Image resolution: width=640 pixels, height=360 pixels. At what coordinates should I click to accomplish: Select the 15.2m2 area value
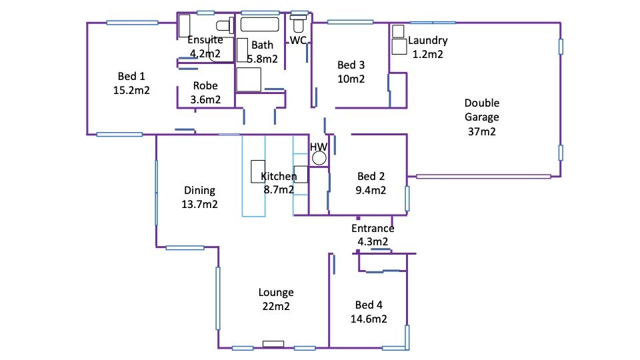pos(131,90)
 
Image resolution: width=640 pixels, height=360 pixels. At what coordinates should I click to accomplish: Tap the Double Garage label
pos(481,110)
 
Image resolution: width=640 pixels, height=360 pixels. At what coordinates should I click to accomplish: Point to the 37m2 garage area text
pos(481,132)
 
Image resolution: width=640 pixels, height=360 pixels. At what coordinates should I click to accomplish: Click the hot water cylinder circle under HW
pos(319,159)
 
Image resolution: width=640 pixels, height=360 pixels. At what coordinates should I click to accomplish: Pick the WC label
pos(298,41)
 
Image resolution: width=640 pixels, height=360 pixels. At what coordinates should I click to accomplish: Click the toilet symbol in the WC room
pos(299,24)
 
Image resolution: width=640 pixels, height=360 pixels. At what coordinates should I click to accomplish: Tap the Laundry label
pos(427,41)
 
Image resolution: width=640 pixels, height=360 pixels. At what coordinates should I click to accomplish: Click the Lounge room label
pos(276,292)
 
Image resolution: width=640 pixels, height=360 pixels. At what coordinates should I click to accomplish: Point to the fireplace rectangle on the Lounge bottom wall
pos(273,344)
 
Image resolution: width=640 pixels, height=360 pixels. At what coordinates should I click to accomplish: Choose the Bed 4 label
pos(369,305)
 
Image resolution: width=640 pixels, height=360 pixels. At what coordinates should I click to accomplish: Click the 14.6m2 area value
pos(369,319)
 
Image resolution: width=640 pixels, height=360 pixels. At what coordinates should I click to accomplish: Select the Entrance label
pos(373,229)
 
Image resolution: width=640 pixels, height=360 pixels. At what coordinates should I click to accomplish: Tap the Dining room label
pos(199,191)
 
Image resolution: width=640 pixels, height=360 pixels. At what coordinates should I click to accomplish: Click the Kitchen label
pos(279,177)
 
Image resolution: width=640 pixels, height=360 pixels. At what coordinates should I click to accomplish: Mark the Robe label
pos(205,85)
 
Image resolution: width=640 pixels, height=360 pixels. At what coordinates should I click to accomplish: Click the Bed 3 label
pos(351,65)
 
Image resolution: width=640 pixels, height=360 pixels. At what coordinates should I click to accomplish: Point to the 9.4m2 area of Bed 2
pos(371,191)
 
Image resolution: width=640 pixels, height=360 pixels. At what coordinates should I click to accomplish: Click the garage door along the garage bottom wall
pos(483,177)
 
